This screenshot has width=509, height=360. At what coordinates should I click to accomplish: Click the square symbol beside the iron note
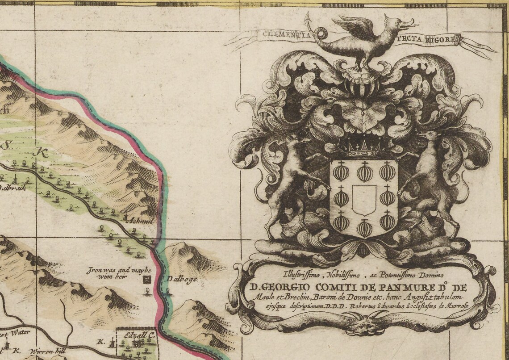[146, 280]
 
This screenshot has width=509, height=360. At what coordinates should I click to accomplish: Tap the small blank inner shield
[364, 200]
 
